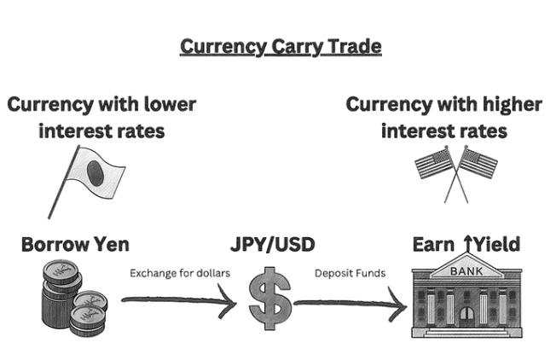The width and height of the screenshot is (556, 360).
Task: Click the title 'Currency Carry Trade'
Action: coord(281,46)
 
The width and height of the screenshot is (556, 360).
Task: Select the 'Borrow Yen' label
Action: coord(75,245)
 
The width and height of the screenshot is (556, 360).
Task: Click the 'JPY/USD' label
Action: coord(274,246)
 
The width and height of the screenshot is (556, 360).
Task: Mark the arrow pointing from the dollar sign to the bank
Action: coord(350,304)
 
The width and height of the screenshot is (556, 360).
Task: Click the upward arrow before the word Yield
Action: coord(467,246)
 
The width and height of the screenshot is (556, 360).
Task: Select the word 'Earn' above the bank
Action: coord(435,246)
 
